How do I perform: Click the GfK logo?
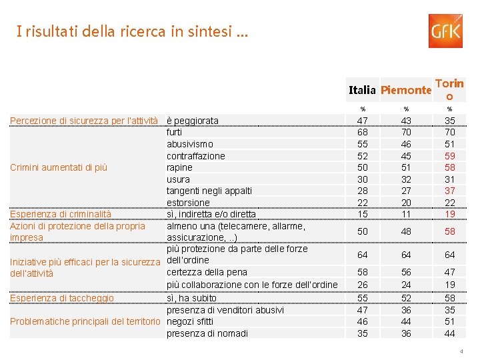(445, 31)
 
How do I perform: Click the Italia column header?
(363, 89)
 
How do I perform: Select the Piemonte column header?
(407, 89)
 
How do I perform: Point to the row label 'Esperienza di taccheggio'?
(61, 298)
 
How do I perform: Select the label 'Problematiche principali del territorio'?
(85, 322)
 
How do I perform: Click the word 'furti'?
(174, 132)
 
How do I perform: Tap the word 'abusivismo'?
(190, 144)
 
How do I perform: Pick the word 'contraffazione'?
(196, 156)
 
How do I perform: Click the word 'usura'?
(178, 179)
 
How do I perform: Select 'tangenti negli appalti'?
(209, 191)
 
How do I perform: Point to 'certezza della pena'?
(207, 272)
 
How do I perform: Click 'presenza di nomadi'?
(207, 333)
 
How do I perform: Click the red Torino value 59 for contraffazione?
(450, 156)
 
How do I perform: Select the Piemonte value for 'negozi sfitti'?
(406, 321)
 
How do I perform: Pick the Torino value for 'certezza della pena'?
(450, 272)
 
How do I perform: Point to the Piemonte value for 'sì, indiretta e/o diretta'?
(406, 214)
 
